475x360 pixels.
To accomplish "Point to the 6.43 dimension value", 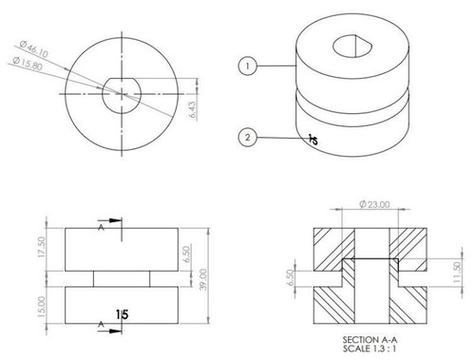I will click(193, 111).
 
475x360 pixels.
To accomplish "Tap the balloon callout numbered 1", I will click(247, 66).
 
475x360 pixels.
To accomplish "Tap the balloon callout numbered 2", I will click(247, 139).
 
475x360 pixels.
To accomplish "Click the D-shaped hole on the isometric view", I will click(350, 45).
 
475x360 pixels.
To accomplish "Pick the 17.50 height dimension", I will click(40, 248).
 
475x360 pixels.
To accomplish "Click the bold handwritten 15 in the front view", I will click(122, 314).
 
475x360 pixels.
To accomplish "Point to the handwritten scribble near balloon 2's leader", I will click(313, 141).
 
